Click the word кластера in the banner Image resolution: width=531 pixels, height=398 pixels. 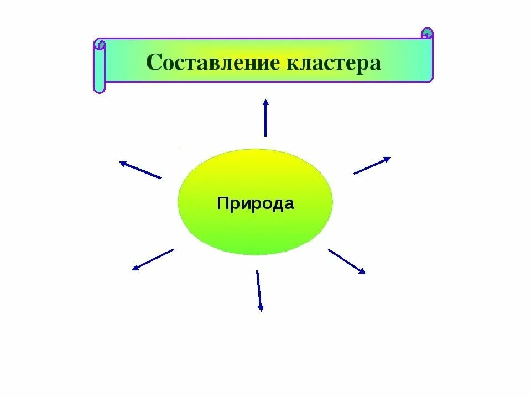tap(334, 64)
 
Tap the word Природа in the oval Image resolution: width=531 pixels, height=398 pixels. tap(256, 203)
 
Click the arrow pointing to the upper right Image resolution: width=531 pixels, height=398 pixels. tap(372, 166)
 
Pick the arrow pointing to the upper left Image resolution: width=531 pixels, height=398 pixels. tap(140, 170)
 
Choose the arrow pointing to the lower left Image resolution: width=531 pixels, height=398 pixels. tap(153, 259)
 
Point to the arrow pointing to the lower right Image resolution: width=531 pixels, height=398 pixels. tap(347, 261)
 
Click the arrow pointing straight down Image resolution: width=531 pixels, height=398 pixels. tap(258, 291)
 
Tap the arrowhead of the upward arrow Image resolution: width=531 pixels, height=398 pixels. tap(265, 102)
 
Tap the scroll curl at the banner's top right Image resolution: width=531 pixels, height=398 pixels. tap(427, 33)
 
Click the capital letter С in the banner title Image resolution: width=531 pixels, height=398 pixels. tap(153, 62)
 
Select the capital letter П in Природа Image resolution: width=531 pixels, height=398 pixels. tap(222, 203)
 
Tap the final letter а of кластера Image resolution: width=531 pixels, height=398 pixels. tap(376, 65)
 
